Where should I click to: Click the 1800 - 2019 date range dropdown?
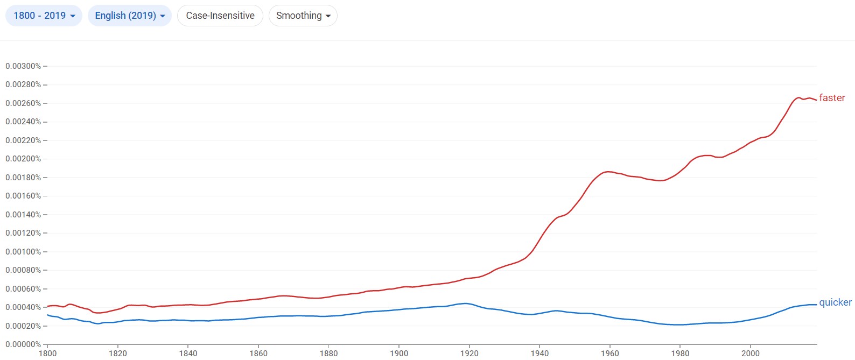(x=44, y=16)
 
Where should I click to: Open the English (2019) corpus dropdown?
(x=129, y=16)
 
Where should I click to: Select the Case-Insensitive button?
(x=220, y=16)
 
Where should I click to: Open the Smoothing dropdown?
(x=303, y=16)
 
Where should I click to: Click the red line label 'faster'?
(x=832, y=98)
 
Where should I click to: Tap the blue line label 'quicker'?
(x=835, y=302)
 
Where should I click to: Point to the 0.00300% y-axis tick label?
(x=23, y=66)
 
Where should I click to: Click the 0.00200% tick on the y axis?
(x=23, y=159)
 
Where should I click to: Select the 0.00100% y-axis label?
(x=23, y=252)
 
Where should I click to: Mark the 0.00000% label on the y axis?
(x=23, y=344)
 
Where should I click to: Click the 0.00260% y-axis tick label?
(x=23, y=103)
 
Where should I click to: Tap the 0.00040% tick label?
(x=23, y=307)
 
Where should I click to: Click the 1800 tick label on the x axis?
(x=47, y=354)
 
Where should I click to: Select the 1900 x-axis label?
(x=399, y=354)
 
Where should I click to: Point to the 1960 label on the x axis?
(x=610, y=354)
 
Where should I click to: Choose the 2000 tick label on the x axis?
(x=751, y=354)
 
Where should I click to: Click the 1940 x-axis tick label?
(x=539, y=354)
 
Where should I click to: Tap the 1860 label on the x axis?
(x=258, y=354)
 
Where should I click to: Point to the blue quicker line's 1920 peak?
(x=466, y=303)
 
